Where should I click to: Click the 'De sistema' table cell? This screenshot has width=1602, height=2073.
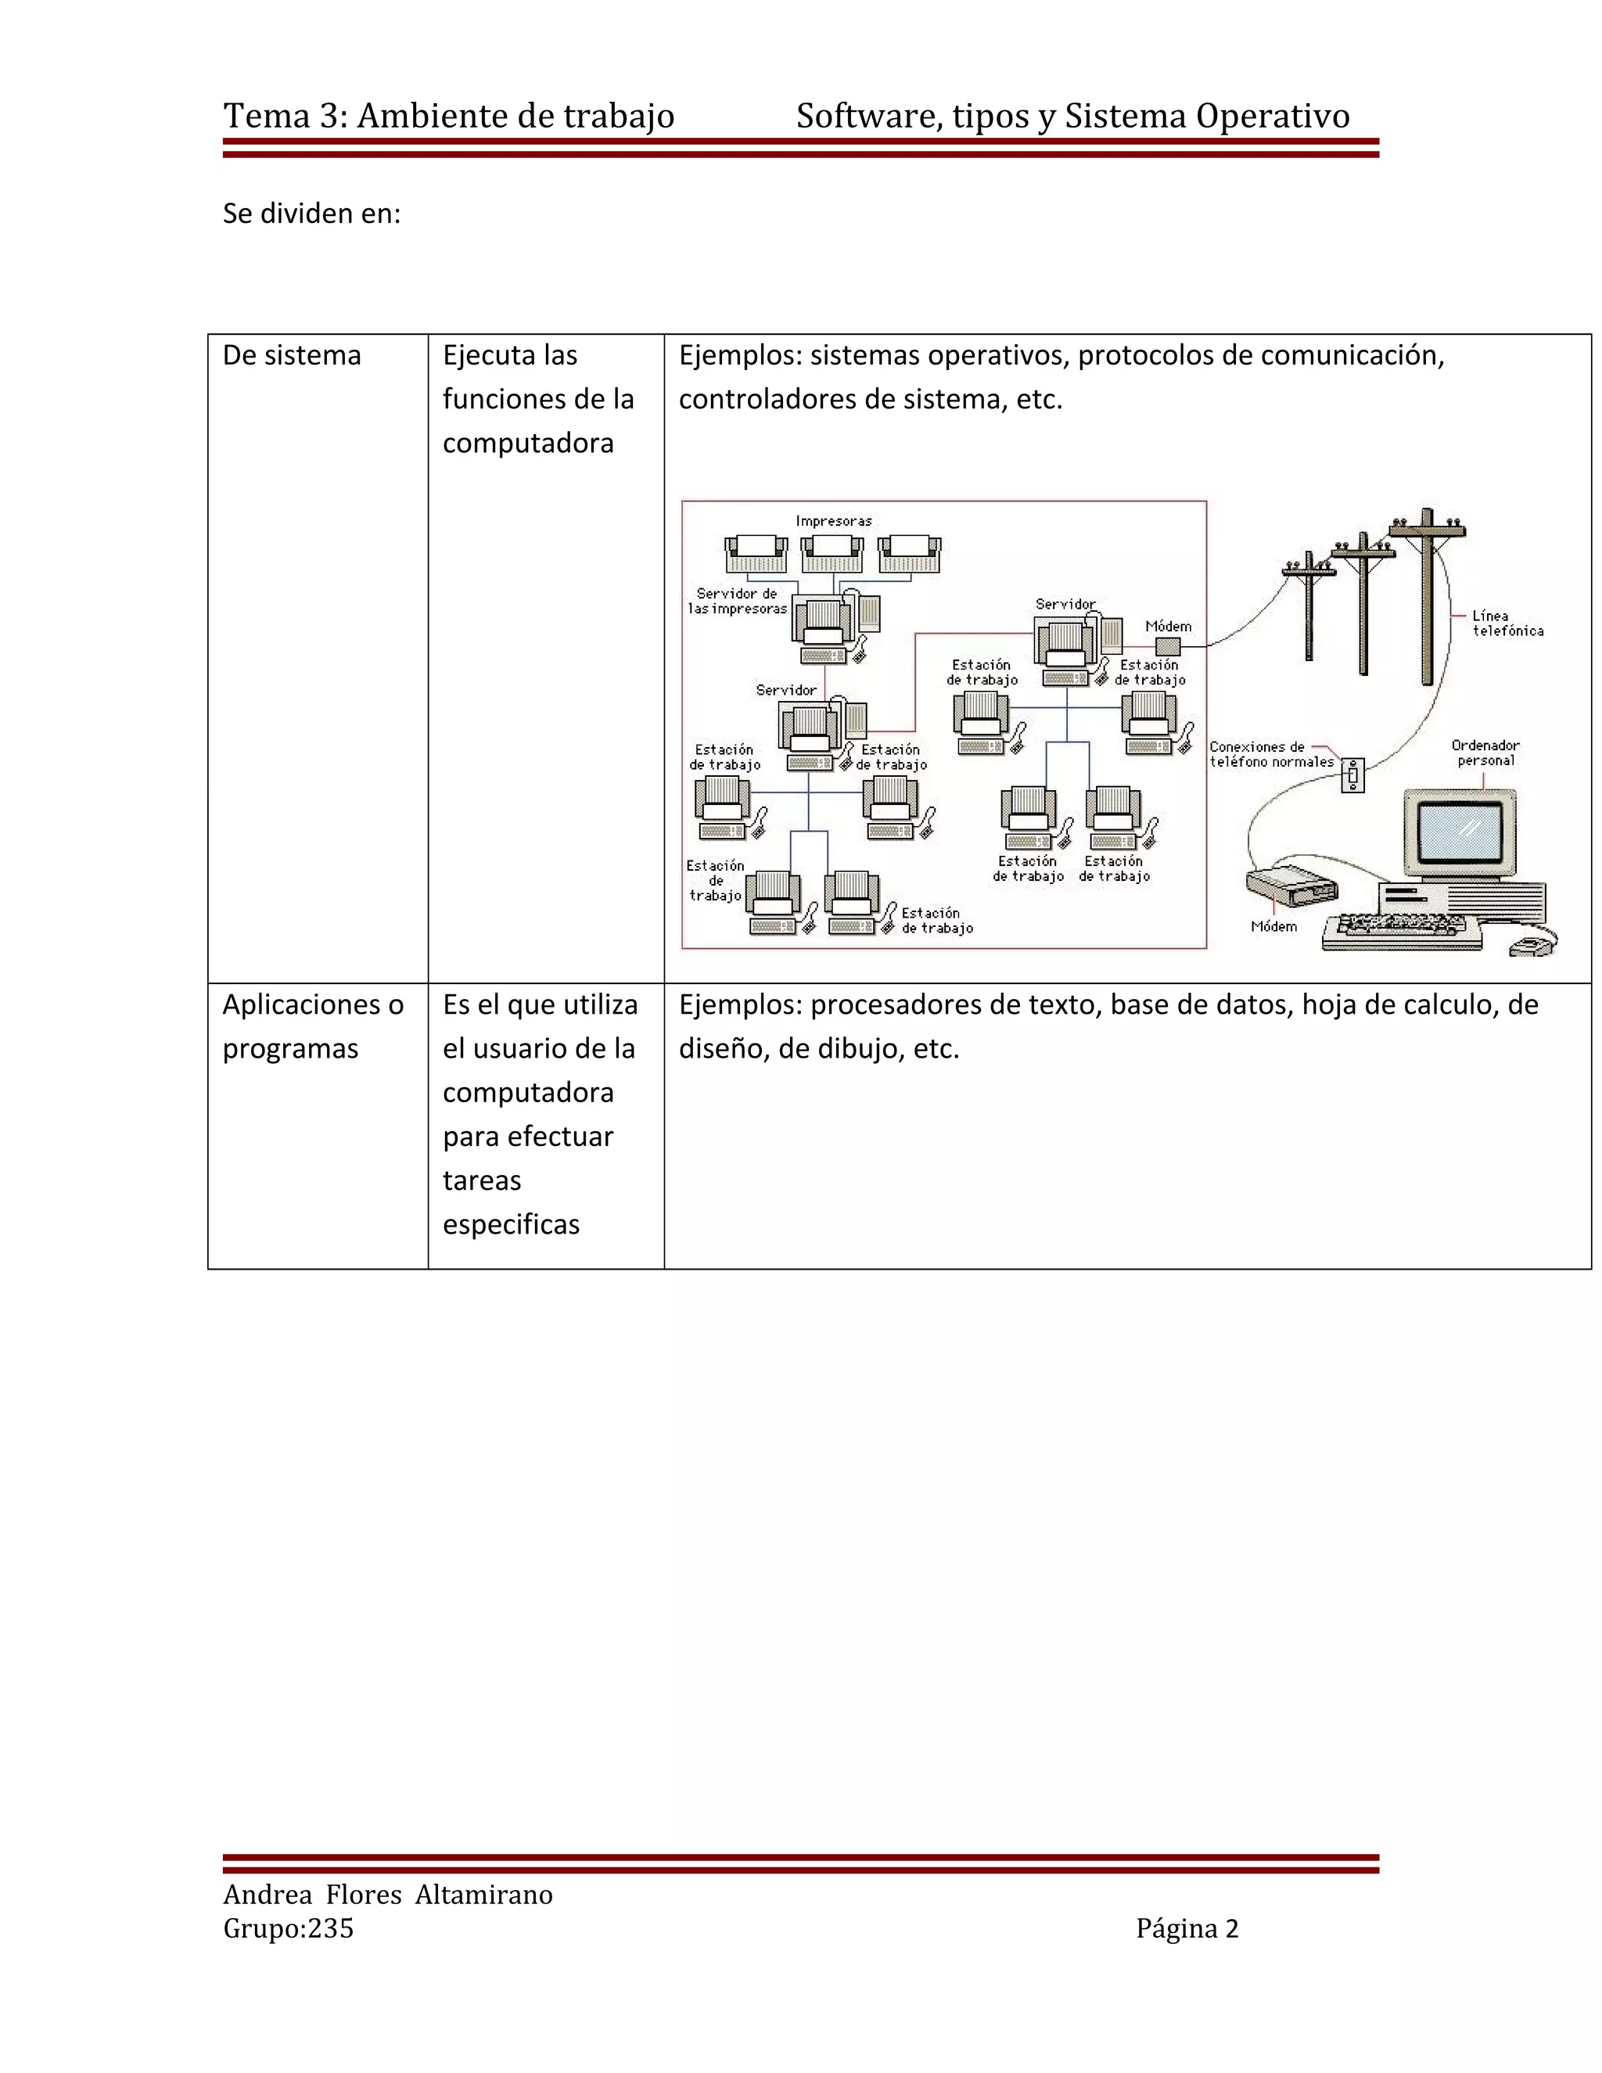(293, 356)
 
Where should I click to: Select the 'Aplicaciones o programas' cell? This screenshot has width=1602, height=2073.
(312, 1026)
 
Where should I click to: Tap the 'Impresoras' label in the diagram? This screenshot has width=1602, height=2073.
(833, 521)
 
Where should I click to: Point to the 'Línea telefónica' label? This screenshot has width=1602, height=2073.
(1507, 623)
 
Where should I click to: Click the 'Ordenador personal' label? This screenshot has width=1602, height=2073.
(1485, 753)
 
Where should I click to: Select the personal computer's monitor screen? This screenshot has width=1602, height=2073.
(1460, 829)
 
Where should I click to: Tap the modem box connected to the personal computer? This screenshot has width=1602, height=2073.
(1291, 885)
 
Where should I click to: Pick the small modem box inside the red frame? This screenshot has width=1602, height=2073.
(1167, 646)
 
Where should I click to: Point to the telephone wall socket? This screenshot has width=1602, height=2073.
(1352, 775)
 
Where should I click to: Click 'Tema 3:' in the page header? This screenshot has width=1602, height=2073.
(286, 116)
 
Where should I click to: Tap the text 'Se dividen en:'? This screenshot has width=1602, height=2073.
(311, 214)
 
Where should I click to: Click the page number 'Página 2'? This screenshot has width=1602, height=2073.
(1187, 1929)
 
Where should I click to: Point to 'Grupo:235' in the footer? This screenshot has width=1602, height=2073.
(289, 1929)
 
